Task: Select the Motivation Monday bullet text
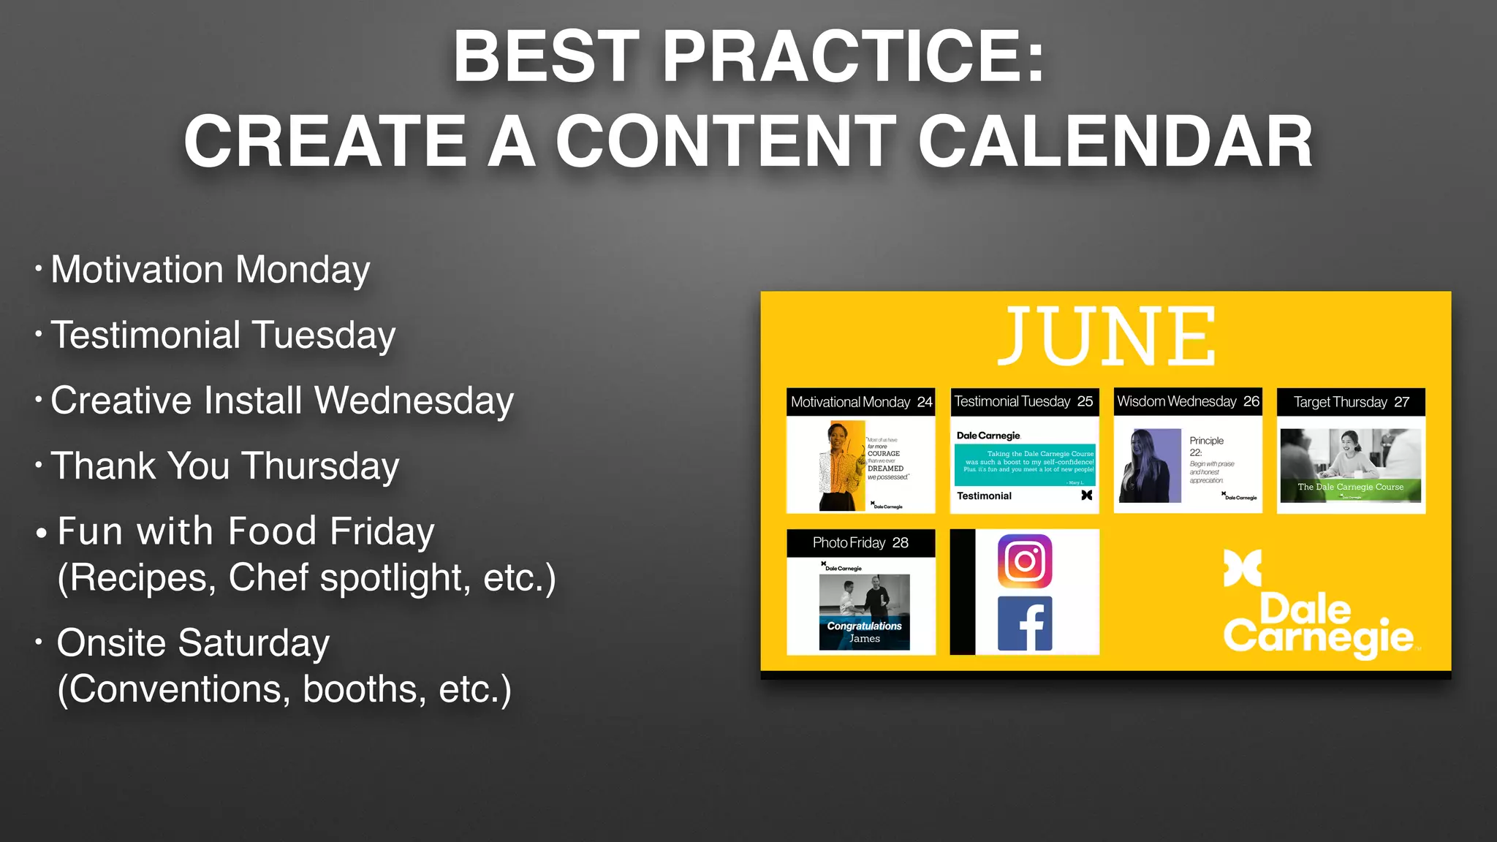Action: [x=211, y=270]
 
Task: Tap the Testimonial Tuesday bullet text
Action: [x=223, y=335]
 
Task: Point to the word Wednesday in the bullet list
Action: [x=414, y=401]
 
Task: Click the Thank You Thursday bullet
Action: [x=224, y=466]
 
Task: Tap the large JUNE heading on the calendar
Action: [x=1106, y=337]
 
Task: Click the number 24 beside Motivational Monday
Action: [x=924, y=402]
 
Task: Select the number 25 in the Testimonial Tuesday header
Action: [x=1085, y=401]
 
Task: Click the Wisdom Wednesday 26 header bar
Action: [x=1188, y=401]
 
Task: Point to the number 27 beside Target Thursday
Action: [x=1401, y=402]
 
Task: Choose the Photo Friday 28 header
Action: [x=860, y=542]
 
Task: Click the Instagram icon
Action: [x=1025, y=561]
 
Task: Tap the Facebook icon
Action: [x=1025, y=623]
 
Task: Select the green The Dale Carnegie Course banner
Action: [x=1350, y=488]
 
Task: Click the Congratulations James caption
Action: [x=864, y=632]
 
